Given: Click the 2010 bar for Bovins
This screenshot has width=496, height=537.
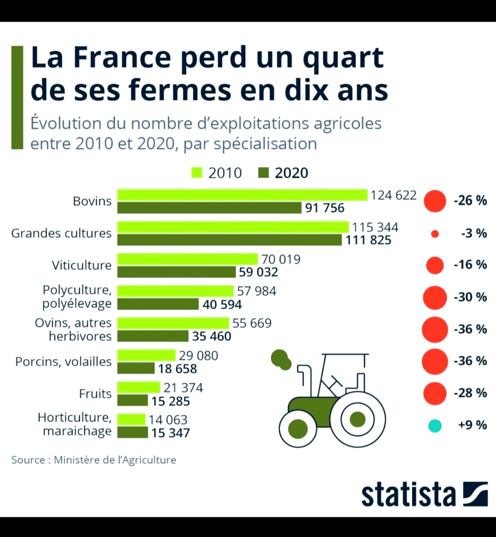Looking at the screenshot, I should point(242,195).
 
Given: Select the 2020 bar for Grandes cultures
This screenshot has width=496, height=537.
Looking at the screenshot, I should point(229,240).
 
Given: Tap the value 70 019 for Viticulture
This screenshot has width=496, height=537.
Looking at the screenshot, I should point(281,259).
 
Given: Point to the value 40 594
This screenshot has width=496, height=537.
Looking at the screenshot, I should point(222,304).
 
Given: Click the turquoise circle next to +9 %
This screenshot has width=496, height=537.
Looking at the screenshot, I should point(434,426).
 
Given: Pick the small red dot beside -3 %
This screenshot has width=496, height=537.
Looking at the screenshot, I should point(435,234).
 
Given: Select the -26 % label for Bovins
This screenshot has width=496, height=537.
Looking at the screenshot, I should point(470,201).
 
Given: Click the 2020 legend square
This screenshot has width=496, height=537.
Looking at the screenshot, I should point(263,173).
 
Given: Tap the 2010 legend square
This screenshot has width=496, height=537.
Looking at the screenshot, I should point(197,173).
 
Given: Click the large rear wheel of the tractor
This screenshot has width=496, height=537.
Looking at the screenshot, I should point(357,419).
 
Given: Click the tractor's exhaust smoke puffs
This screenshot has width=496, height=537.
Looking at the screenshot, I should point(281,359).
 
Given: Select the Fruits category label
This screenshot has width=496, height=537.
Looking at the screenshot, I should point(95,394).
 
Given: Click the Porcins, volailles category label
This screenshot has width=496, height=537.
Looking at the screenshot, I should point(63,362).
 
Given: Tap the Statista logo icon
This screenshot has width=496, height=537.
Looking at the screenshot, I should point(475,494).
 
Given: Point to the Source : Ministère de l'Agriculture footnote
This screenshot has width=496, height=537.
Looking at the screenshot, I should point(94,459).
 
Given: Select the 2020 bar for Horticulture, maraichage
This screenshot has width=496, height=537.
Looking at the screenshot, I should point(132,432).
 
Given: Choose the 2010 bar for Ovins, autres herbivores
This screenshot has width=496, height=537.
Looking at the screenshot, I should point(173,323).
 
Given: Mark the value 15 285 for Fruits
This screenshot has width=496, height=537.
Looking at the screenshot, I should point(170,401).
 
